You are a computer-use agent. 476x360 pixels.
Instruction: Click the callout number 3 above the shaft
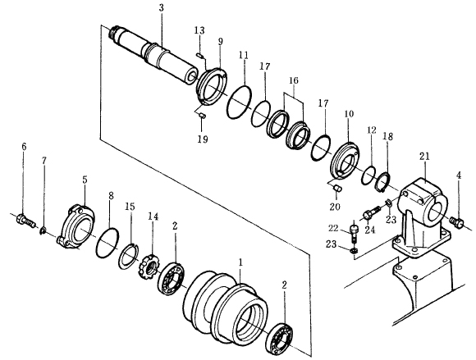pyautogui.click(x=161, y=8)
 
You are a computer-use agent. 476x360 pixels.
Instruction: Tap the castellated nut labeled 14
pyautogui.click(x=149, y=266)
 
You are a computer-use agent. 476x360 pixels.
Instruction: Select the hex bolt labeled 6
pyautogui.click(x=25, y=221)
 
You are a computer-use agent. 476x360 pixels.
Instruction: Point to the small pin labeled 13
pyautogui.click(x=199, y=55)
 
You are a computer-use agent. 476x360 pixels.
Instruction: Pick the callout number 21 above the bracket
pyautogui.click(x=424, y=156)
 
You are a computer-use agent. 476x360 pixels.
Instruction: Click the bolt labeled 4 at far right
pyautogui.click(x=456, y=221)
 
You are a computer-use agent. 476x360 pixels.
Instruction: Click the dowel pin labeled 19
pyautogui.click(x=203, y=116)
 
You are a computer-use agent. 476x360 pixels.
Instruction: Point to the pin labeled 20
pyautogui.click(x=337, y=189)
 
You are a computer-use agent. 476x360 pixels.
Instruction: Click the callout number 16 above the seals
pyautogui.click(x=294, y=80)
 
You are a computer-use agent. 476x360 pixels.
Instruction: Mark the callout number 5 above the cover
pyautogui.click(x=85, y=180)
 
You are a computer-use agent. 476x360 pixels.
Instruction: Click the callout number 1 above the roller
pyautogui.click(x=240, y=262)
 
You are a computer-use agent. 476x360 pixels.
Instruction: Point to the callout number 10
pyautogui.click(x=349, y=114)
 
